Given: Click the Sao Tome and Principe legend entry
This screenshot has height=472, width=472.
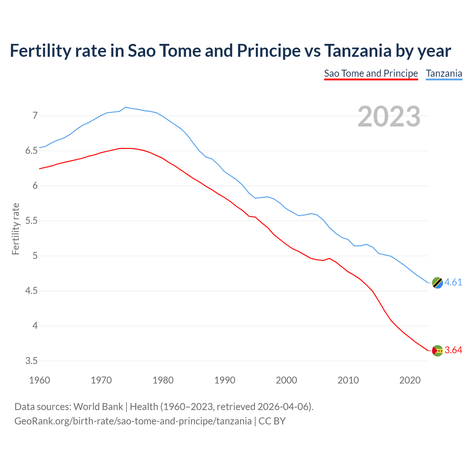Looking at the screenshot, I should coord(371,73).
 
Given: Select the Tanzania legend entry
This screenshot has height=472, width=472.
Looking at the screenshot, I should coord(444,73).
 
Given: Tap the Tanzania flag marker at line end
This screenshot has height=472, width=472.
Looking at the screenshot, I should coord(437,283).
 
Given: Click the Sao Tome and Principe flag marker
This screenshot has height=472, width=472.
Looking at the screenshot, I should coord(437,351).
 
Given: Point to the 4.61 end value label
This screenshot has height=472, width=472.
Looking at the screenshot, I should coord(453,282).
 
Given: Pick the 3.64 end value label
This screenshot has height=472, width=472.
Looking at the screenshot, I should coord(453,350).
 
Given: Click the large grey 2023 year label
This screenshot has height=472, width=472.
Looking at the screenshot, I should coord(389,117).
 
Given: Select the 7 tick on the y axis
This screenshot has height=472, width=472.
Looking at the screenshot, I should coord(35,116).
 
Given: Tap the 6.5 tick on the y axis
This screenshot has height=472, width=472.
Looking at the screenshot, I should coord(32,151).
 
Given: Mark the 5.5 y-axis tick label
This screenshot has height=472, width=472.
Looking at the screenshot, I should coord(32,221).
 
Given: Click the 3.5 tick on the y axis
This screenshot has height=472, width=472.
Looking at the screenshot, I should coord(32,361).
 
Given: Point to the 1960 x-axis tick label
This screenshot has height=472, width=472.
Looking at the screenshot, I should coord(39,380).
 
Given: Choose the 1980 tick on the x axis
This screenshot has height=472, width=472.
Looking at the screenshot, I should coord(163,380).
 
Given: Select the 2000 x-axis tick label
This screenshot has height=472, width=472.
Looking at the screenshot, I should coord(287,380).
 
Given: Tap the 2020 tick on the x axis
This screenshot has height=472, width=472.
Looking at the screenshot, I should coord(410,380).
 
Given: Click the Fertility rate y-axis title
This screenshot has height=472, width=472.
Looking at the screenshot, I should coord(15,229).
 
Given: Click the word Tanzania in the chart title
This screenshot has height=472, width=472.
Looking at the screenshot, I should coord(358,51).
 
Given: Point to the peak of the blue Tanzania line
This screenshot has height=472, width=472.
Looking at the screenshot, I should coord(126,107).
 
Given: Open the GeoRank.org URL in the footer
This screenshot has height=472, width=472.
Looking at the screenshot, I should coord(133,421).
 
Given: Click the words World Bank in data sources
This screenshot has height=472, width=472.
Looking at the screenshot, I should coord(98,407).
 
